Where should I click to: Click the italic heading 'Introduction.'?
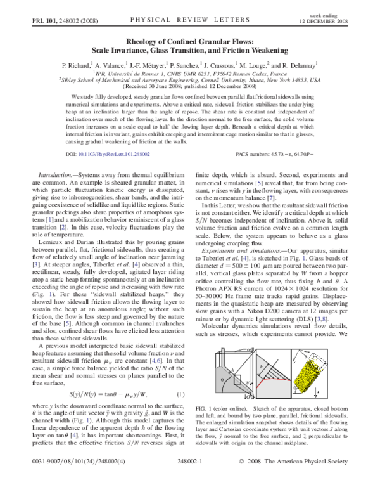[59, 174]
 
